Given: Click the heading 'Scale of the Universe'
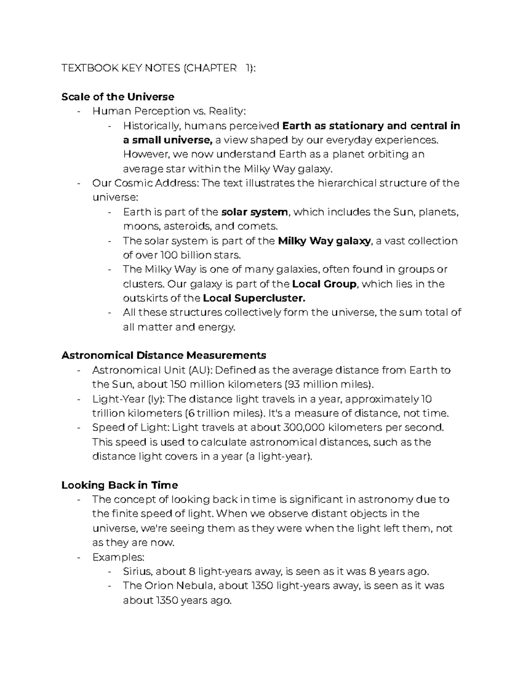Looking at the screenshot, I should (x=118, y=97).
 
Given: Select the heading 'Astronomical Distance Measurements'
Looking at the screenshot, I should (x=163, y=355).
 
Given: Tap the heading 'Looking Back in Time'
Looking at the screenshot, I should (x=119, y=485).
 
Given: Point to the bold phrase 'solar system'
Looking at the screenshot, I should (x=255, y=212).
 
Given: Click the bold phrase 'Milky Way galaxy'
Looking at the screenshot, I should (x=324, y=241).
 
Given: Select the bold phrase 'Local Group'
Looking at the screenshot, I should (x=324, y=284).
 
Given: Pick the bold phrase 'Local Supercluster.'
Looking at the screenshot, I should (x=254, y=299).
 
